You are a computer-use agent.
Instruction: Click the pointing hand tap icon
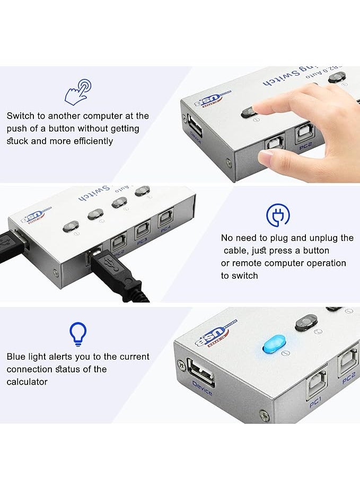tap(77, 91)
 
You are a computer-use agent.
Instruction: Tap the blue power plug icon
tap(278, 215)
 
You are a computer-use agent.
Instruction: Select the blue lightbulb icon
tap(78, 334)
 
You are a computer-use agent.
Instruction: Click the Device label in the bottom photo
tap(202, 388)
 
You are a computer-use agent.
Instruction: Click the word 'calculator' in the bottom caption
tap(27, 382)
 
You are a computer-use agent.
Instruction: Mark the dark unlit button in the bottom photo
tap(306, 322)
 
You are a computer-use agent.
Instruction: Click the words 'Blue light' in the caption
tap(27, 357)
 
